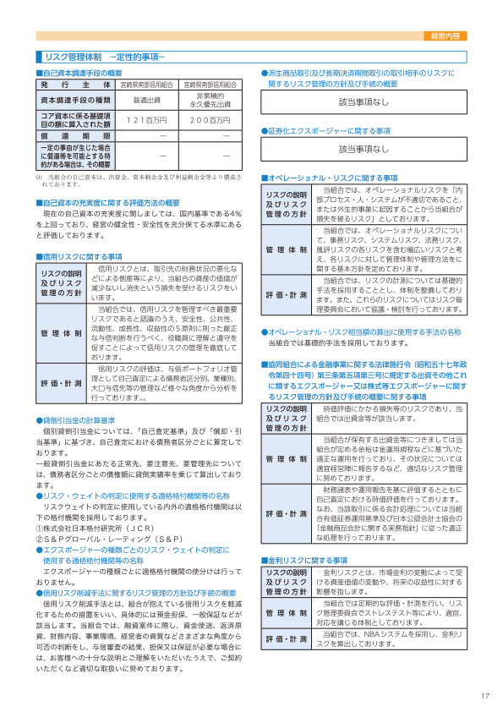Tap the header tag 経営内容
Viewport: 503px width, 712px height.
(x=445, y=36)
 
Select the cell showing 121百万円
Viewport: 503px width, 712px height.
(x=146, y=120)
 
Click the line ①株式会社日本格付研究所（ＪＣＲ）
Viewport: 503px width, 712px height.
(x=98, y=529)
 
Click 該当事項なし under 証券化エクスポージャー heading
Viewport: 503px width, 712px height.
(x=364, y=149)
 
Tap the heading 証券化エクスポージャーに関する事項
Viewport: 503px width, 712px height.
(x=329, y=131)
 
